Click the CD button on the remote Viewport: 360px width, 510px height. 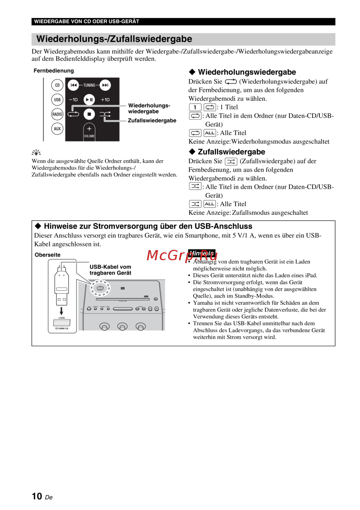click(57, 85)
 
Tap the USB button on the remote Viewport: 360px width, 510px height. click(57, 100)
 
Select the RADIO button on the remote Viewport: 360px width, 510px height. click(57, 114)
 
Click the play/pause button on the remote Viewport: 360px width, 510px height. click(89, 100)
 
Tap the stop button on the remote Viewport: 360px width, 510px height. click(89, 114)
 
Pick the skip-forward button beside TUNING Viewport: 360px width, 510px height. click(105, 85)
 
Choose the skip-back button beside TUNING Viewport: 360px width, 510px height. click(73, 85)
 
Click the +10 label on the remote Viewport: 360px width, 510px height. click(105, 100)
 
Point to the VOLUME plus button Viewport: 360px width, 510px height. click(89, 129)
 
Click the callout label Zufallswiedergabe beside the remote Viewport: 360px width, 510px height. click(152, 121)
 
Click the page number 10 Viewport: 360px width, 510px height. click(37, 496)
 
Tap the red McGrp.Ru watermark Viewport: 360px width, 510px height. click(182, 255)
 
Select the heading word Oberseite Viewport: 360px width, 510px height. click(48, 255)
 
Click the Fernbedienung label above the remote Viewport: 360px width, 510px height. click(54, 71)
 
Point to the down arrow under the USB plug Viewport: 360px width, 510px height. click(62, 311)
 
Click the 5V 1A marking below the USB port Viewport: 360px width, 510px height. click(62, 329)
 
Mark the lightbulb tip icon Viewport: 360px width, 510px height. click(36, 153)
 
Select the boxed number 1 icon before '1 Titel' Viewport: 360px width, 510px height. click(195, 107)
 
